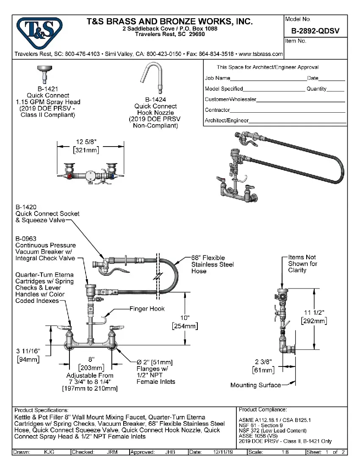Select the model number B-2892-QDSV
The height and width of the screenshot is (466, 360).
(x=316, y=31)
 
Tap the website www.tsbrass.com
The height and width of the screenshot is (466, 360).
(x=261, y=54)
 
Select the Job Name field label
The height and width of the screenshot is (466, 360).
(x=218, y=78)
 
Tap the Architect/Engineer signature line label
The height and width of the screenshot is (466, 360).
(x=227, y=121)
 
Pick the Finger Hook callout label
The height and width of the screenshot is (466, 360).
(x=147, y=309)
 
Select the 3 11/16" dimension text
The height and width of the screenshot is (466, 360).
(x=28, y=351)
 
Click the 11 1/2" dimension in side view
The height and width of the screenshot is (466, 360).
(x=313, y=313)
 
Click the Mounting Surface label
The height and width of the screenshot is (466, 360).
(x=255, y=385)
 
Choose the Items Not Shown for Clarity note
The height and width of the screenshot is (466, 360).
(x=302, y=264)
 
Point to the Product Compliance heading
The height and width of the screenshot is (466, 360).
(x=263, y=410)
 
